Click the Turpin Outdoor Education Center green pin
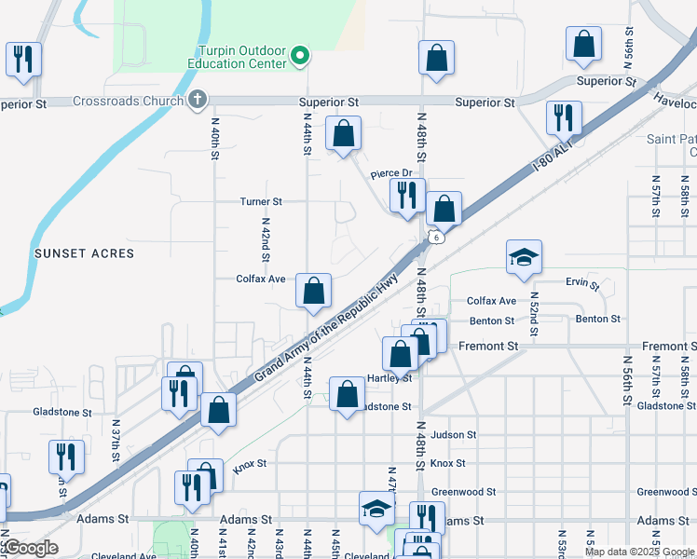(x=299, y=57)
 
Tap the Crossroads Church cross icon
(x=197, y=99)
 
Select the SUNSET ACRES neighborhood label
(x=84, y=253)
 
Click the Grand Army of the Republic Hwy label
(x=326, y=326)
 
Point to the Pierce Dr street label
(x=390, y=173)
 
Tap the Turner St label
(x=261, y=201)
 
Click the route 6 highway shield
(x=436, y=237)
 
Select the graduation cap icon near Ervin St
(x=524, y=258)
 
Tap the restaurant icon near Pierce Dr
(x=407, y=196)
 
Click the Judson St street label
(x=454, y=434)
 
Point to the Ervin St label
(x=581, y=281)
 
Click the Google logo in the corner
(x=30, y=549)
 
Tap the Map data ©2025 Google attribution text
(x=639, y=552)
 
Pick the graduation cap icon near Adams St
(x=376, y=511)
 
